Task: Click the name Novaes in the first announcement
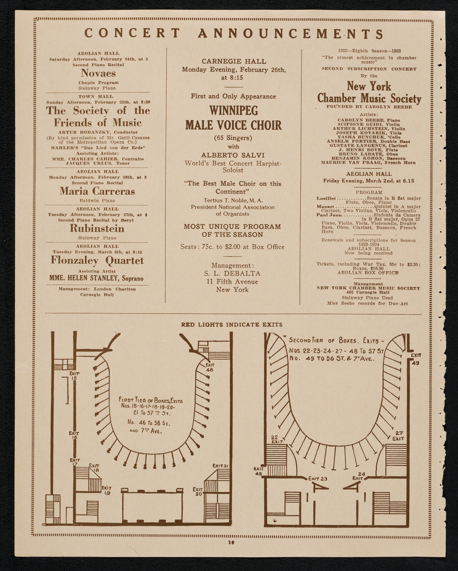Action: pyautogui.click(x=98, y=73)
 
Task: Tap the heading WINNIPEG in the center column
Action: pyautogui.click(x=233, y=111)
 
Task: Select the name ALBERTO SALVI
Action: pyautogui.click(x=233, y=155)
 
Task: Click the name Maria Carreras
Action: pyautogui.click(x=97, y=191)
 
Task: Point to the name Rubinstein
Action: pyautogui.click(x=97, y=228)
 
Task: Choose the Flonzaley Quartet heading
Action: pyautogui.click(x=97, y=261)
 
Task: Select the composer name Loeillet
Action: pyautogui.click(x=326, y=198)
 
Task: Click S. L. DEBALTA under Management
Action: pyautogui.click(x=233, y=273)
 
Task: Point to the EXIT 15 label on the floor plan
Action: pyautogui.click(x=74, y=376)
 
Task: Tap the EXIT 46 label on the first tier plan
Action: pyautogui.click(x=209, y=367)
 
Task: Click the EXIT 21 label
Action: pyautogui.click(x=221, y=466)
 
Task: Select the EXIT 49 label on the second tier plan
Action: pyautogui.click(x=415, y=359)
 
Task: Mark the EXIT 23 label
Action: pyautogui.click(x=318, y=479)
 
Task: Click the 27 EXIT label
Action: pyautogui.click(x=398, y=436)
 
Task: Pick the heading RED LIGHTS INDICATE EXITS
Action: pyautogui.click(x=231, y=325)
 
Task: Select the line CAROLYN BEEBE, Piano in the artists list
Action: pyautogui.click(x=369, y=120)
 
